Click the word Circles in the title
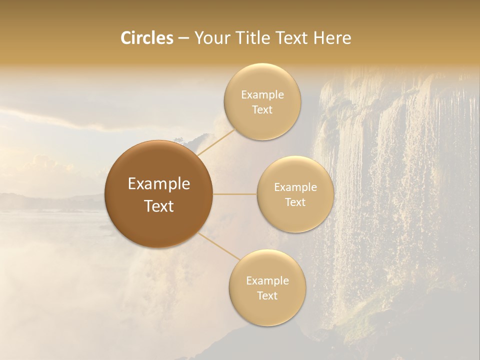[x=147, y=38]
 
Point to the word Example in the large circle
[x=159, y=184]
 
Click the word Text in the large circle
[x=159, y=206]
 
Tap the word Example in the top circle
[x=262, y=95]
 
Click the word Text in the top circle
[x=262, y=109]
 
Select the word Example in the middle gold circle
[x=295, y=187]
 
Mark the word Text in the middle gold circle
[x=295, y=202]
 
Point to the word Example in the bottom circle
[x=267, y=280]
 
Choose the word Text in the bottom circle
[x=267, y=295]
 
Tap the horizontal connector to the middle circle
[x=235, y=194]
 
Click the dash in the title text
[x=183, y=38]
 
